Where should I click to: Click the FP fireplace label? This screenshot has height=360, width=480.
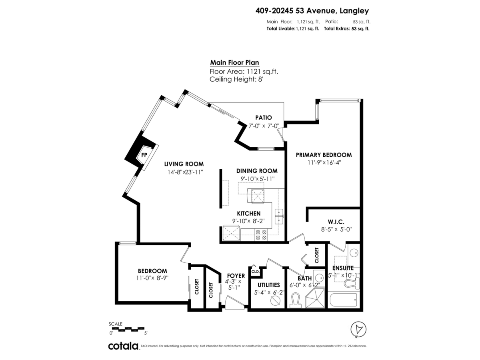[144, 155]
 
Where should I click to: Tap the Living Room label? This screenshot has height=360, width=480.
[184, 164]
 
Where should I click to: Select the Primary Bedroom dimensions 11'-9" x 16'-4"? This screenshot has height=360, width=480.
[324, 162]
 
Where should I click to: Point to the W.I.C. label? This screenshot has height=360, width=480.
[336, 222]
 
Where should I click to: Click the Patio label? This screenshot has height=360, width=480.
[264, 118]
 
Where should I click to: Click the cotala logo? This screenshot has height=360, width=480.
[123, 346]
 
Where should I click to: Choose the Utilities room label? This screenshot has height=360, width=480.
[268, 285]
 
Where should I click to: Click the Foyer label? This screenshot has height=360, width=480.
[236, 276]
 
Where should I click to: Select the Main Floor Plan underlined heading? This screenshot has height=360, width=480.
[234, 62]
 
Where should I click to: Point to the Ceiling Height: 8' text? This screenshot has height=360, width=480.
[236, 79]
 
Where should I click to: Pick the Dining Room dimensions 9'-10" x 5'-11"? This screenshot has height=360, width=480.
[256, 178]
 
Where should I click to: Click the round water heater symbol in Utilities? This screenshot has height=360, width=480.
[275, 300]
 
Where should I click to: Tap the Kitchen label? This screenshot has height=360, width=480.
[248, 214]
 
